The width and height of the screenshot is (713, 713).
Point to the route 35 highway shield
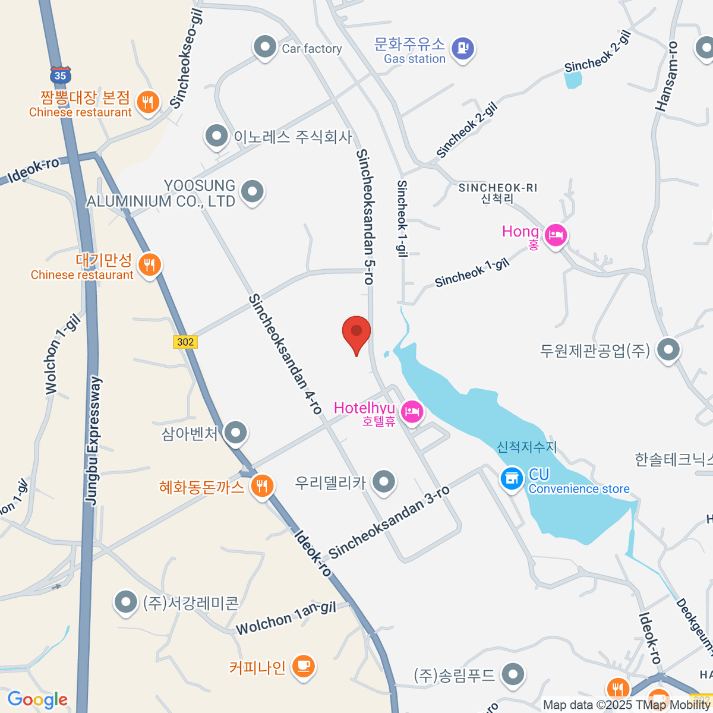coord(60,75)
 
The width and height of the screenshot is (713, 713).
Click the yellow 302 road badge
coord(185,342)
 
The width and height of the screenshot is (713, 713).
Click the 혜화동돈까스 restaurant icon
coord(261,485)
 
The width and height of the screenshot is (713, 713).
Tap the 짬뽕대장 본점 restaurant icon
coord(147,102)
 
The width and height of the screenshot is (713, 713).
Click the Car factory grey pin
coord(264,46)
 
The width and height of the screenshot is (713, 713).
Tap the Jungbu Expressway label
coord(94,441)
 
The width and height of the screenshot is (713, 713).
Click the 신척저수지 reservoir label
coord(527,447)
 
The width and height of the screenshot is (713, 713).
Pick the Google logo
coord(37,699)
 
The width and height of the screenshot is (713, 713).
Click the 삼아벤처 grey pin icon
coord(236,433)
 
